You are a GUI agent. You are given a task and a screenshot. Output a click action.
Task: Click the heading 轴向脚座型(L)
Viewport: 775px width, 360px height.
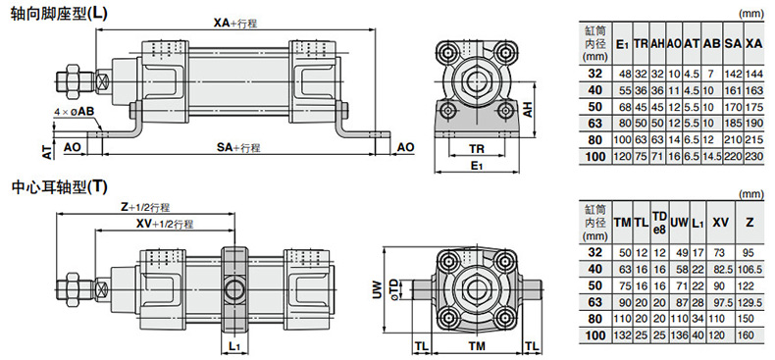click(x=59, y=13)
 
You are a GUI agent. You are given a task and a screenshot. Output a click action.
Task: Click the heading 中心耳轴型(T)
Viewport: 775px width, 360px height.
click(x=59, y=187)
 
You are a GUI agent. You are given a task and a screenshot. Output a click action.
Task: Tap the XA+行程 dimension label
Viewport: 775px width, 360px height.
click(x=235, y=23)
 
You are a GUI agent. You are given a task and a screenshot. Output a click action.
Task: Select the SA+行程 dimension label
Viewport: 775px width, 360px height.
click(x=238, y=147)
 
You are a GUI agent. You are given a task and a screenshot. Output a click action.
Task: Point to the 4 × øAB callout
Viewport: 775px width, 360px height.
click(x=74, y=112)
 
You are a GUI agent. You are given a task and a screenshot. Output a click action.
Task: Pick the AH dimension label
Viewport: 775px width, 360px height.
click(x=529, y=110)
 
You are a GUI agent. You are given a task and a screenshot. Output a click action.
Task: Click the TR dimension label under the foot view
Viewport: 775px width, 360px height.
click(x=477, y=148)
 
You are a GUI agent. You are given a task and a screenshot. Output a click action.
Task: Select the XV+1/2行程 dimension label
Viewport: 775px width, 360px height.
click(x=165, y=224)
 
